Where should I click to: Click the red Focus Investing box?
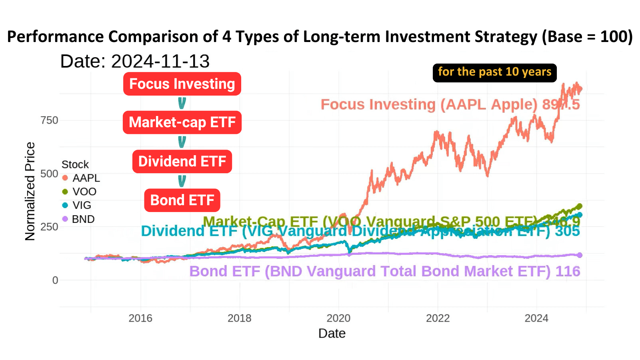pyautogui.click(x=182, y=84)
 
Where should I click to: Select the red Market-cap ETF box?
pyautogui.click(x=182, y=122)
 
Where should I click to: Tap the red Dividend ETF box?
pyautogui.click(x=182, y=162)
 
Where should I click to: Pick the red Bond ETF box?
pyautogui.click(x=182, y=200)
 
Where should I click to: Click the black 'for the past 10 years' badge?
pyautogui.click(x=494, y=72)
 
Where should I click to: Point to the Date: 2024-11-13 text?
pyautogui.click(x=135, y=62)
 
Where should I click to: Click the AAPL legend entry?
pyautogui.click(x=81, y=178)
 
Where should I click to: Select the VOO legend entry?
pyautogui.click(x=80, y=192)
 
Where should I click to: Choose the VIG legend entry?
pyautogui.click(x=77, y=205)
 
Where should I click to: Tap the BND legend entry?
pyautogui.click(x=79, y=219)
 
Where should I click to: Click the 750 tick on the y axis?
pyautogui.click(x=49, y=120)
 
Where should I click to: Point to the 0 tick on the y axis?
pyautogui.click(x=55, y=280)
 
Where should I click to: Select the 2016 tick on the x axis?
pyautogui.click(x=140, y=318)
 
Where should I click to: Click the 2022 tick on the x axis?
pyautogui.click(x=438, y=318)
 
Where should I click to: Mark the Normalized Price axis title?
pyautogui.click(x=30, y=192)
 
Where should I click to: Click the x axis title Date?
pyautogui.click(x=332, y=334)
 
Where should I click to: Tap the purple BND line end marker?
pyautogui.click(x=580, y=255)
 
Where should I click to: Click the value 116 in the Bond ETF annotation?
pyautogui.click(x=568, y=272)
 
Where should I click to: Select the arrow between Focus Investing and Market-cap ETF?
pyautogui.click(x=182, y=104)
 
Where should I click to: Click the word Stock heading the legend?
pyautogui.click(x=75, y=164)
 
